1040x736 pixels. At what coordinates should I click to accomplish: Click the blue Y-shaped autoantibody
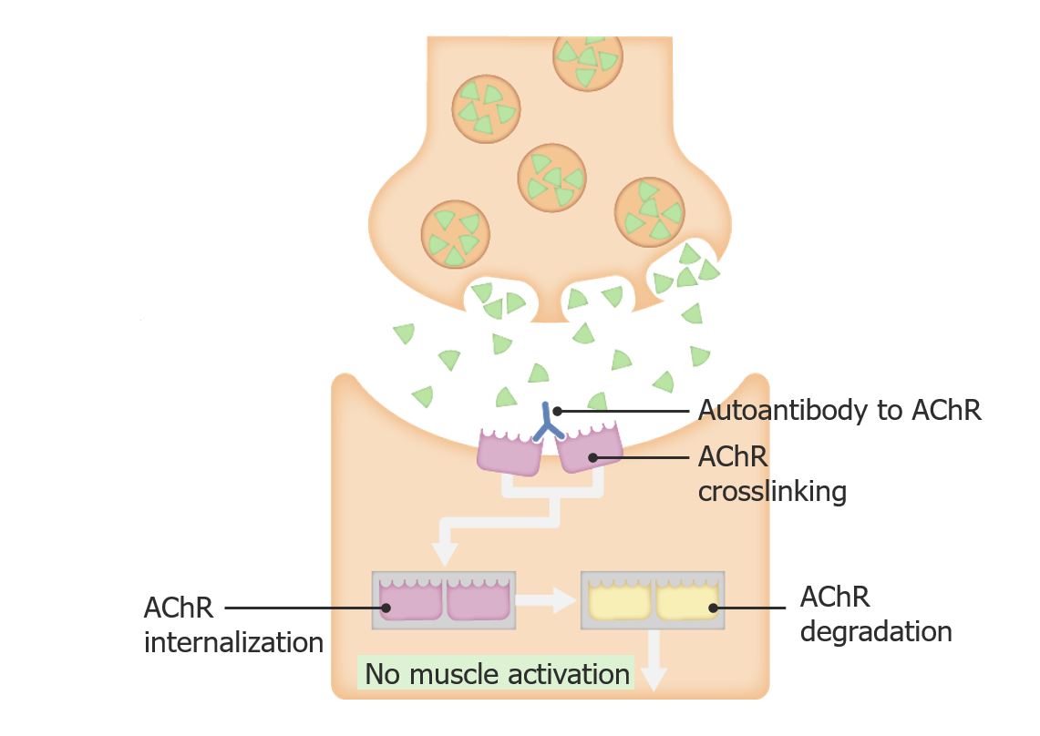point(548,423)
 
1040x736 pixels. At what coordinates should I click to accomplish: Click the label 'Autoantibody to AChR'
point(839,411)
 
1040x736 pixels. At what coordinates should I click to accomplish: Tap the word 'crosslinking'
point(772,492)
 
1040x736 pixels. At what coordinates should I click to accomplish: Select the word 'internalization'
point(233,642)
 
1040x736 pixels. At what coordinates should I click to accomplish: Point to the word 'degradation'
point(875,631)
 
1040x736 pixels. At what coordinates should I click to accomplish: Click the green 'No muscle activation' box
point(497,674)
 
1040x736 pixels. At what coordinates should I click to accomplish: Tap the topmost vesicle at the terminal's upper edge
point(588,59)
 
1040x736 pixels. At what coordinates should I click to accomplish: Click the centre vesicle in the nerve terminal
point(551,177)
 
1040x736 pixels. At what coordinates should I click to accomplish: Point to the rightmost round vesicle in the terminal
point(649,210)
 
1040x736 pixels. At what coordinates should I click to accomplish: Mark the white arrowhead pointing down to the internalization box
point(444,553)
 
